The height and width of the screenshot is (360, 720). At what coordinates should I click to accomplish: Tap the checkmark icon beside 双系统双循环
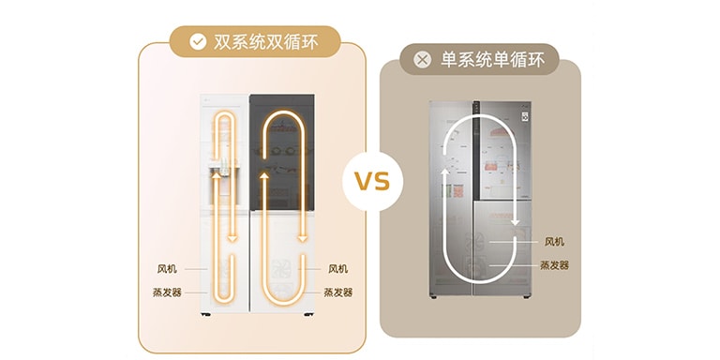tap(198, 41)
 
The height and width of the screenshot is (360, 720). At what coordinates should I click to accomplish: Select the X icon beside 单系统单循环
tap(424, 60)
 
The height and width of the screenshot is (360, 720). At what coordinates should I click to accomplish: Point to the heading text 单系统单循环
tap(488, 60)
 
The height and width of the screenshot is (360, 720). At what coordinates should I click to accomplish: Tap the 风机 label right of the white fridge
tap(338, 268)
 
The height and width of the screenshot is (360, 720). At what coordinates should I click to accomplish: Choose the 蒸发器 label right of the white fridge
tap(338, 292)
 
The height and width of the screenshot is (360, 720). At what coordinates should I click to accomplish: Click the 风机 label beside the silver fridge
tap(555, 241)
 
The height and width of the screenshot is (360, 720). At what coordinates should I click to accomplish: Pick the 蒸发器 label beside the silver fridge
tap(555, 265)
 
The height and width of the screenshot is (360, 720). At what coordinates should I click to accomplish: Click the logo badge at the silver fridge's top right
tap(525, 117)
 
